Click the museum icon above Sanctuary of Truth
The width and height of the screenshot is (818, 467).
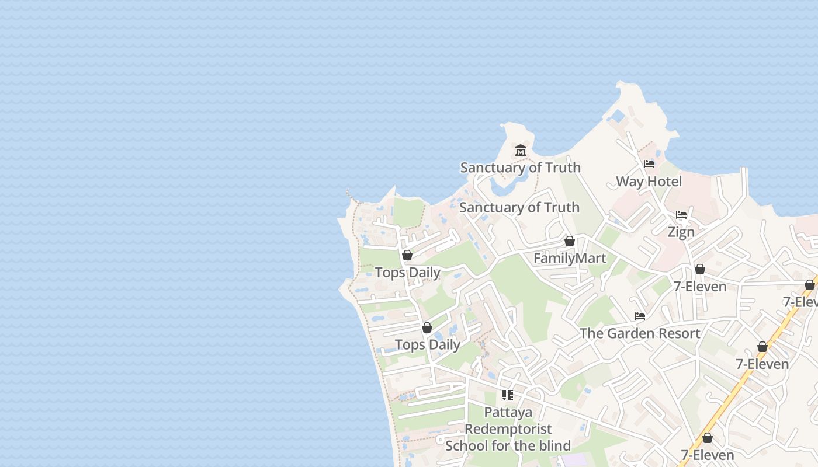point(521,151)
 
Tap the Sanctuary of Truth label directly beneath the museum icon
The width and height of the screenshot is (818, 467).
point(520,168)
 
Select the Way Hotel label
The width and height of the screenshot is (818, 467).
point(649,182)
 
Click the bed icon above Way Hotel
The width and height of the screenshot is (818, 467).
point(649,164)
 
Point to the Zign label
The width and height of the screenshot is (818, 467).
point(681,232)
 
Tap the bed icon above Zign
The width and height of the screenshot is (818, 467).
point(681,215)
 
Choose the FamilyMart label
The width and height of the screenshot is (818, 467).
point(570,258)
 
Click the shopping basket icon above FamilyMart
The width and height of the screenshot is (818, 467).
point(570,241)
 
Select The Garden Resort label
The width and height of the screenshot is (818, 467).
point(640,333)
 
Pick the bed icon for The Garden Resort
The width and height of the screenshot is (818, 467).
point(640,316)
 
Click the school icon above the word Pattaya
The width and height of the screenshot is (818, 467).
point(508,395)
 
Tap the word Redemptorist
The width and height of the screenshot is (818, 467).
point(508,429)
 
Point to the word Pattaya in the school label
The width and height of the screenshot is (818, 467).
point(508,412)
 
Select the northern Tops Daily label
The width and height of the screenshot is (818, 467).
point(407,273)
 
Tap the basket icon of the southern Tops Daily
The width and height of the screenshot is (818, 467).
point(427,327)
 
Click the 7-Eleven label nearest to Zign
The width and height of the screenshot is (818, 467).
point(700,287)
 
